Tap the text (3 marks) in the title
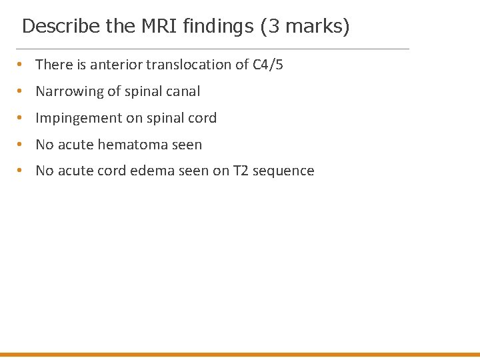pos(305,27)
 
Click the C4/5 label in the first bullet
pos(268,65)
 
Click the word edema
pos(153,171)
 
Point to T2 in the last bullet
pos(240,171)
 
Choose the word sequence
pos(283,171)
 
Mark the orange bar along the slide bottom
pos(240,355)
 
